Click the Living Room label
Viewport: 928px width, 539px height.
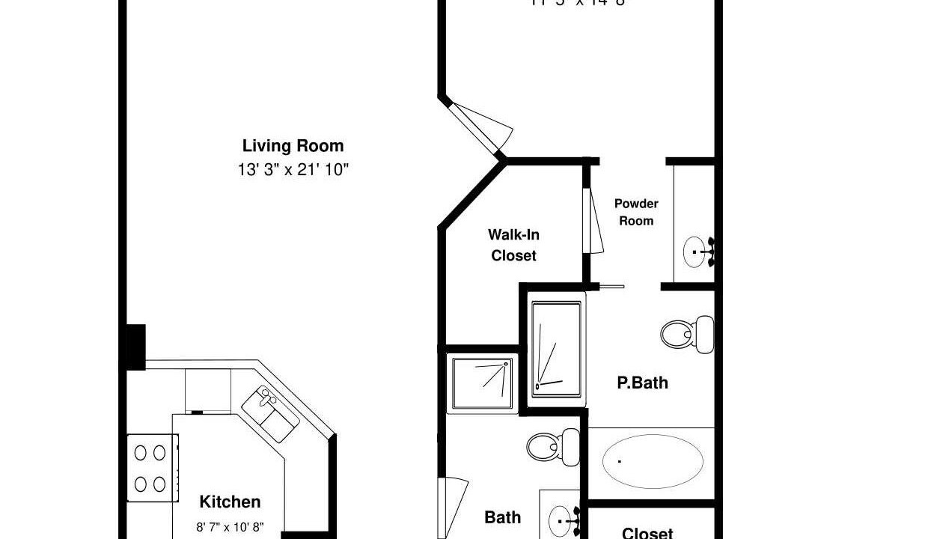pyautogui.click(x=293, y=146)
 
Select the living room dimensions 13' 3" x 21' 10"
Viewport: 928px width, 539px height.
pyautogui.click(x=293, y=170)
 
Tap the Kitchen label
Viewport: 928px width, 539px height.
pyautogui.click(x=230, y=502)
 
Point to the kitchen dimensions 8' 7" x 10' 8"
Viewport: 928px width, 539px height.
pyautogui.click(x=230, y=527)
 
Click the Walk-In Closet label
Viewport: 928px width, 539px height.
pyautogui.click(x=514, y=245)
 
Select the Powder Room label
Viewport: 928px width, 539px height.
pyautogui.click(x=636, y=212)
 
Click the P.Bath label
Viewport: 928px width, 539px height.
pyautogui.click(x=642, y=383)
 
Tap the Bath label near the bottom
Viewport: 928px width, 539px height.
pyautogui.click(x=502, y=517)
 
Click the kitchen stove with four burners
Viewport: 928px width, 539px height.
pyautogui.click(x=150, y=468)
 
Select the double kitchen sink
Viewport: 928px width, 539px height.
pyautogui.click(x=269, y=413)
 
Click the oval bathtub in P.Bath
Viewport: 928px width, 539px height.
pyautogui.click(x=653, y=461)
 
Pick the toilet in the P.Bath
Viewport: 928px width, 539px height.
pyautogui.click(x=687, y=334)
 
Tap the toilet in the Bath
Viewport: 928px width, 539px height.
pyautogui.click(x=553, y=445)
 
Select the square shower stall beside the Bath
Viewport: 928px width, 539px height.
pyautogui.click(x=483, y=382)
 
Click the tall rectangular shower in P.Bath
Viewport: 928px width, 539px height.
pyautogui.click(x=556, y=348)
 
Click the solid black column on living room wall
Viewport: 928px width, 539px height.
pyautogui.click(x=135, y=347)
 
